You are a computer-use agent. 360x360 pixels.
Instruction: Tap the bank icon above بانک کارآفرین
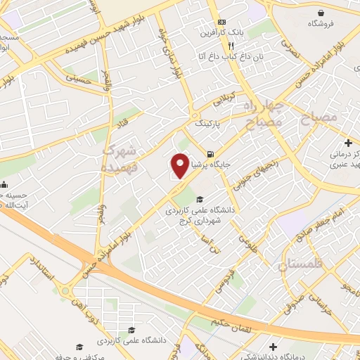[x=222, y=22]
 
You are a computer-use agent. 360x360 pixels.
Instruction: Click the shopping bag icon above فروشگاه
[x=321, y=13]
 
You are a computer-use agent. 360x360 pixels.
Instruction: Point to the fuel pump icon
[x=209, y=154]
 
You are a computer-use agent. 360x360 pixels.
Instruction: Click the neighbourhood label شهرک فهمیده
[x=118, y=160]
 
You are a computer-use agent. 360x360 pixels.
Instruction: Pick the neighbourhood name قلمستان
[x=284, y=266]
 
